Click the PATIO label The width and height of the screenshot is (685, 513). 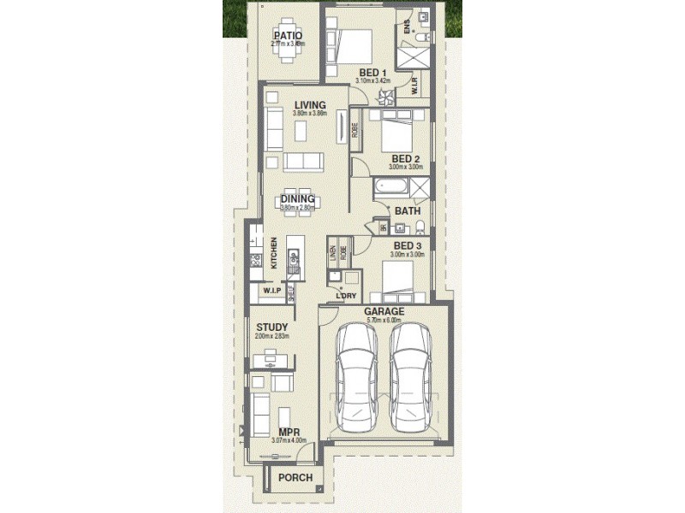tap(288, 35)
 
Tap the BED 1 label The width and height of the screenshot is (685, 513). tap(372, 72)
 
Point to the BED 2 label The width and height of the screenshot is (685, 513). tap(405, 159)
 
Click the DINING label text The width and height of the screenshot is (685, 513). tap(297, 199)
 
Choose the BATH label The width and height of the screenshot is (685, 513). tap(407, 210)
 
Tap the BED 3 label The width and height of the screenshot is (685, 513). tap(407, 245)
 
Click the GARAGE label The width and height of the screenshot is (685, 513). tap(384, 312)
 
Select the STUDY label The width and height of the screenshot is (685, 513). tap(272, 327)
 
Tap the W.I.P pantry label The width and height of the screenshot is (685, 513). tap(272, 292)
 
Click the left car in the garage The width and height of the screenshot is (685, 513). tap(355, 380)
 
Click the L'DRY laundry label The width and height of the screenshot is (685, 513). tap(346, 296)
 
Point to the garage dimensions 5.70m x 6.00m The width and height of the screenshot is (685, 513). tap(384, 321)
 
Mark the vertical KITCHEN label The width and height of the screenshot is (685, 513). tap(274, 253)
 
